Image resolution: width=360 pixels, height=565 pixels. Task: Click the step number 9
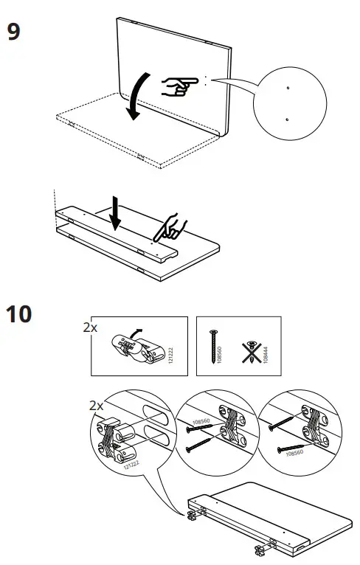(x=13, y=32)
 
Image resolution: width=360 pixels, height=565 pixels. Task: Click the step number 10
(x=20, y=314)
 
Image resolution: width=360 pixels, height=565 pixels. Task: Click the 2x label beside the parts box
(x=89, y=327)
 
